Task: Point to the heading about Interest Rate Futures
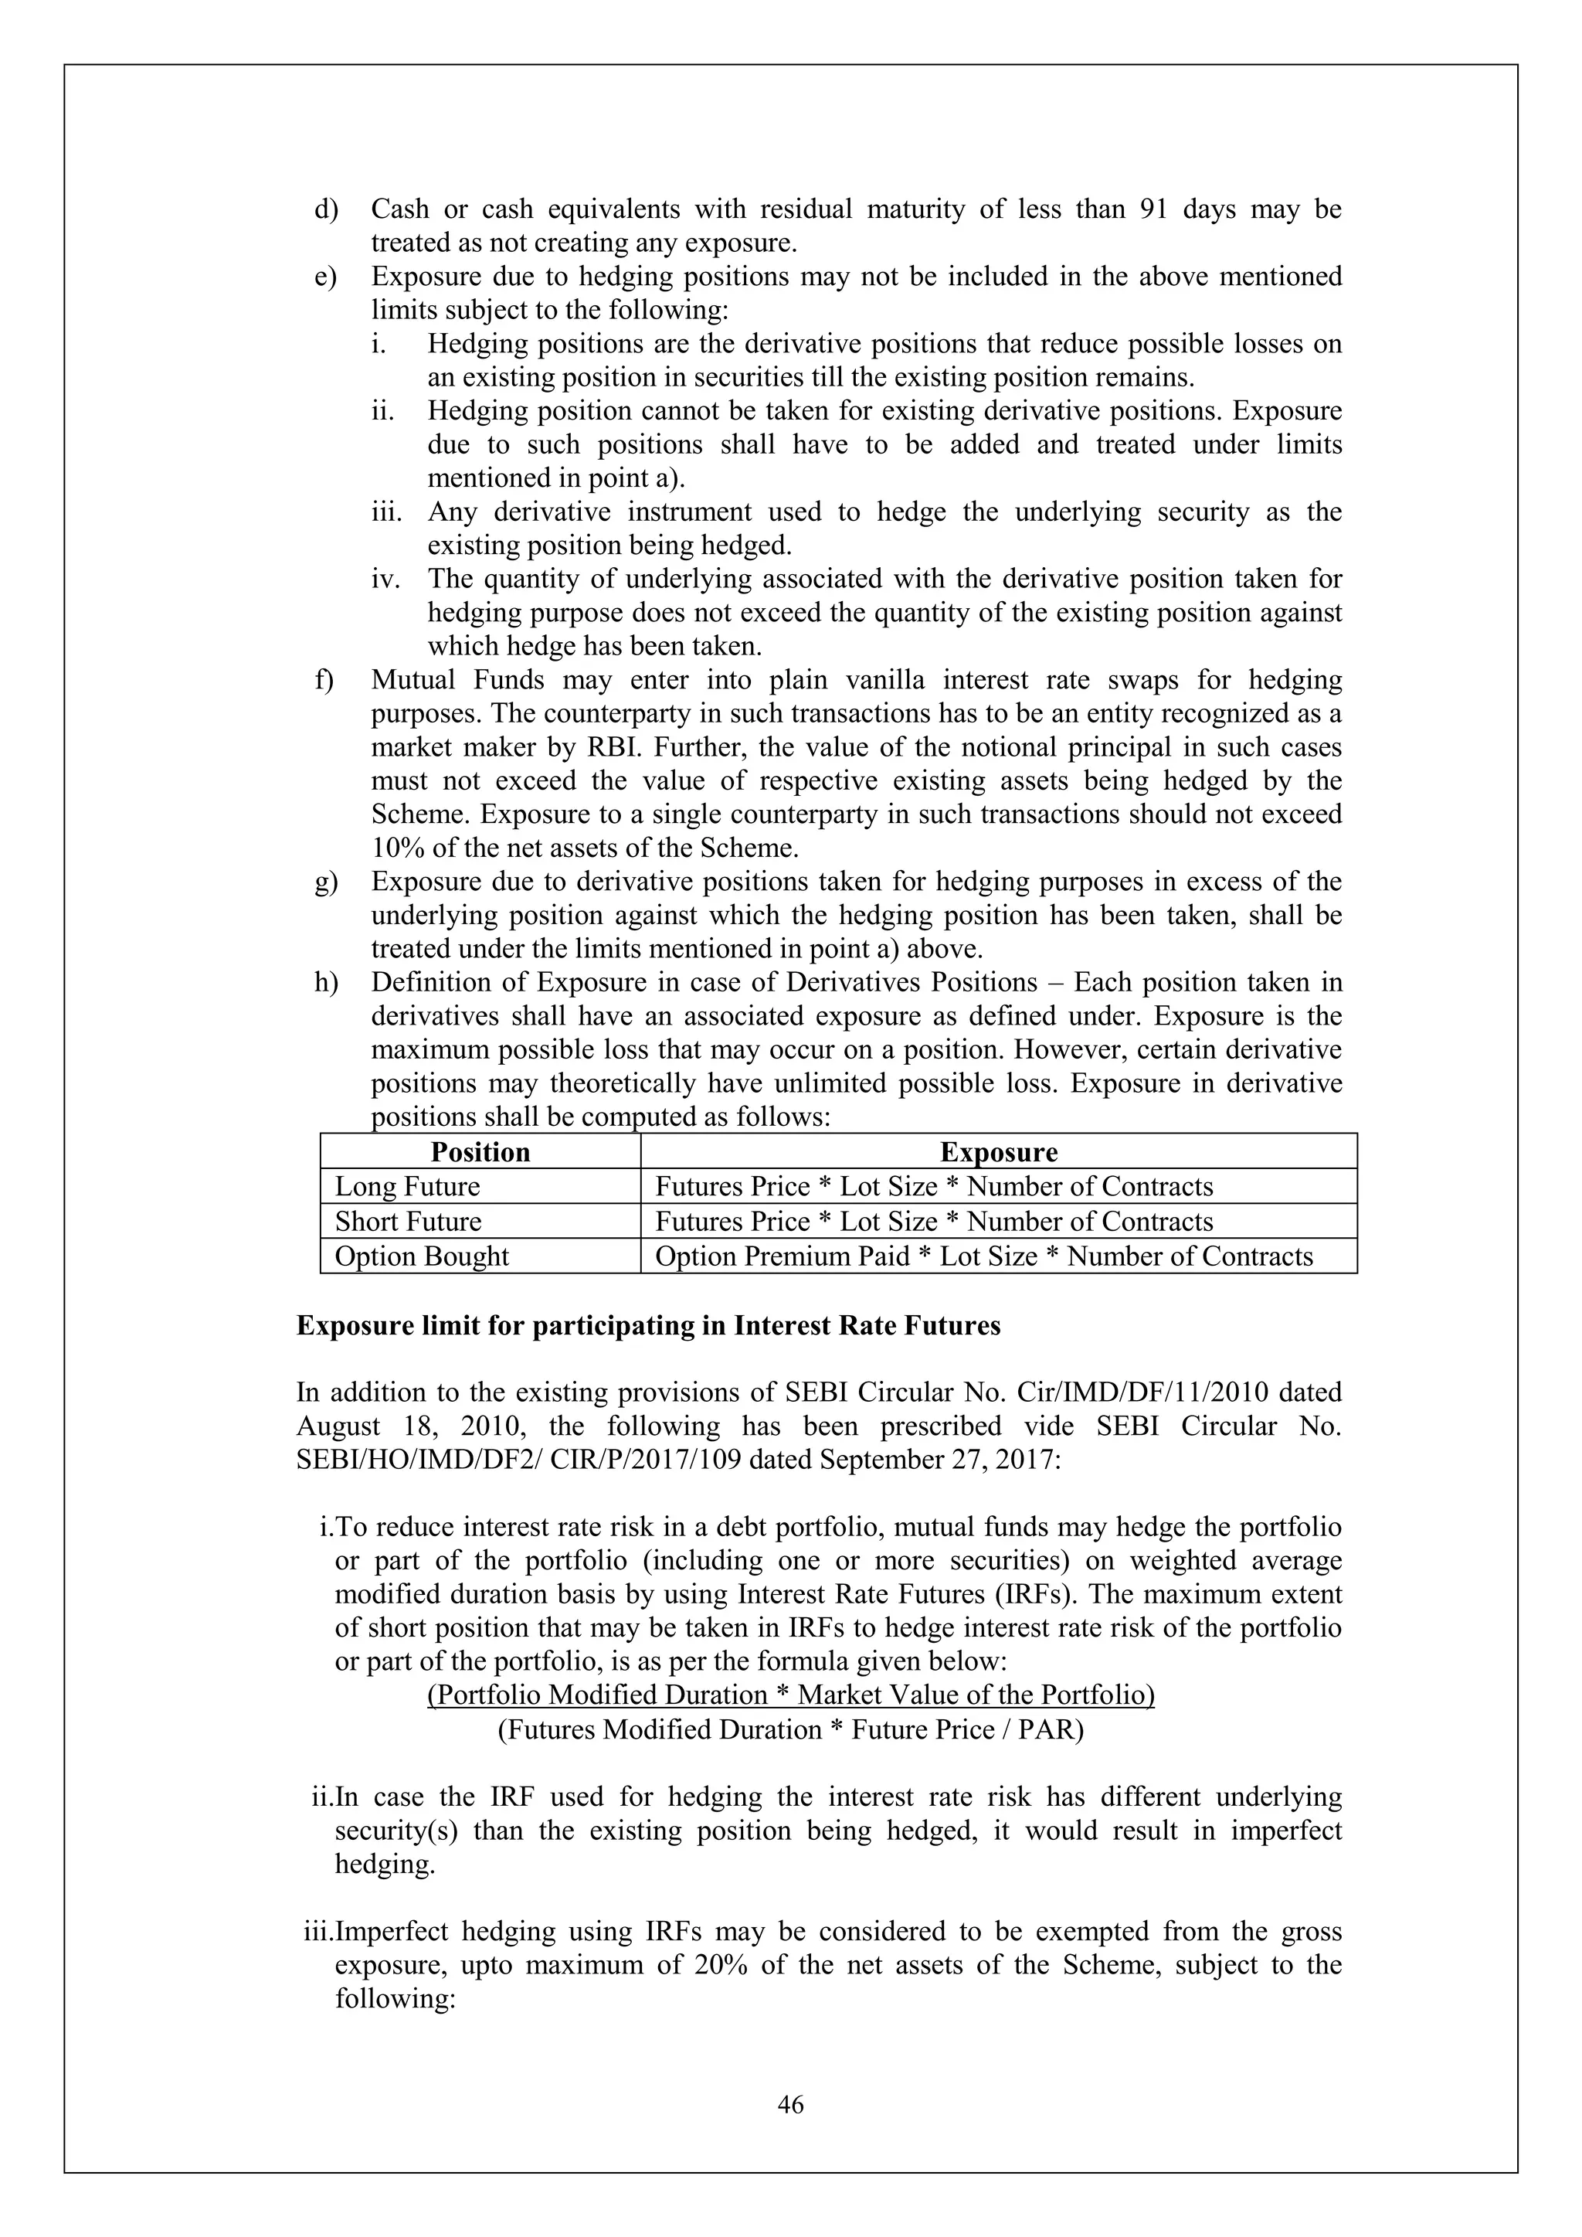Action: pyautogui.click(x=648, y=1325)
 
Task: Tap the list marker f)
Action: pyautogui.click(x=324, y=679)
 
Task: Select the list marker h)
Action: pyautogui.click(x=325, y=982)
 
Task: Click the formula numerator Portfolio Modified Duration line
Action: pyautogui.click(x=790, y=1695)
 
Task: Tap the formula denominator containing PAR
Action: pyautogui.click(x=790, y=1729)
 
